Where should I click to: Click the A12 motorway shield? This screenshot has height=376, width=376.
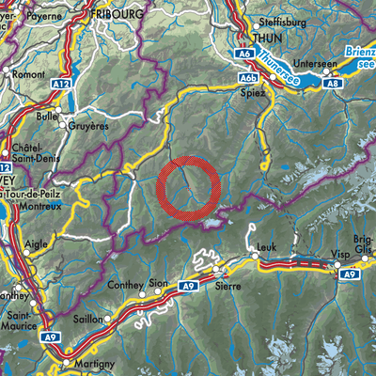coord(61,84)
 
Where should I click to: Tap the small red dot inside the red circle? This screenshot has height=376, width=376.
coord(188,188)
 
